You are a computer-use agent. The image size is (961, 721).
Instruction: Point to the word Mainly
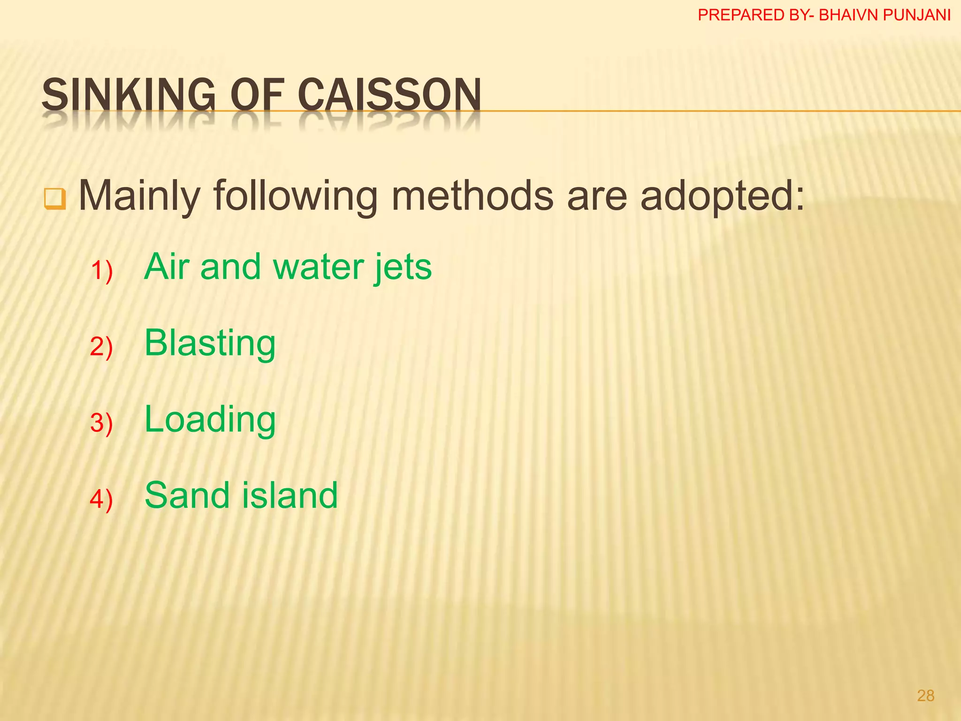[140, 195]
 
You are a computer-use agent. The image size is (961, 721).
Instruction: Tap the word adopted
[722, 196]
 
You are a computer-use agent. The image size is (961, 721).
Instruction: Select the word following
[296, 196]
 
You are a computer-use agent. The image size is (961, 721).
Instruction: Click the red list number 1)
[101, 271]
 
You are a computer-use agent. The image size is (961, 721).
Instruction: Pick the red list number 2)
[101, 347]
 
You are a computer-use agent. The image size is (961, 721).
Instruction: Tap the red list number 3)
[101, 423]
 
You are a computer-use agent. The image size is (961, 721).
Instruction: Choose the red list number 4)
[101, 499]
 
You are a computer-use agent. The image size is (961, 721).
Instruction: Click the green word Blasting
[210, 344]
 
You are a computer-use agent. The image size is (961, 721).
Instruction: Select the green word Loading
[210, 420]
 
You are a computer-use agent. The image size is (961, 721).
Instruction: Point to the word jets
[403, 268]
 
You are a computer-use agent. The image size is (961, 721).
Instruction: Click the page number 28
[925, 696]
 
